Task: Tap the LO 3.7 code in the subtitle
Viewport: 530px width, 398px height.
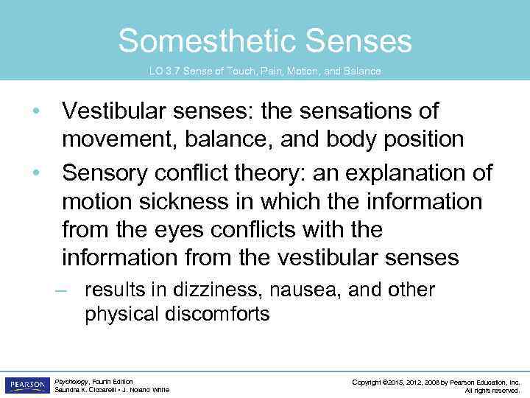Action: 166,71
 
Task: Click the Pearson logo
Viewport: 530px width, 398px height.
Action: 26,385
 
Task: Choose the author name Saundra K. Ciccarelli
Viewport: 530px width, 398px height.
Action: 83,390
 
